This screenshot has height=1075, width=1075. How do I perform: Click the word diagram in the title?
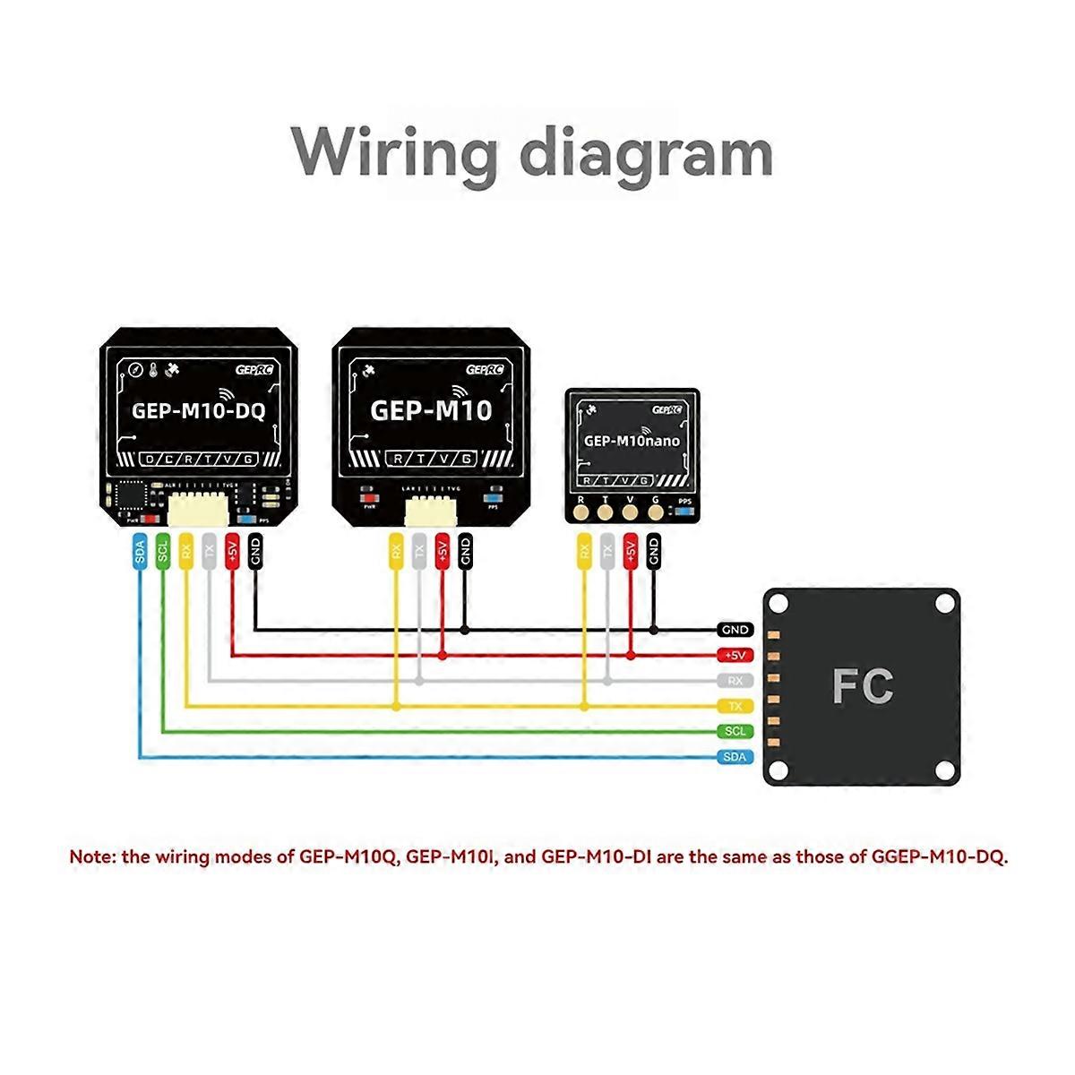coord(646,154)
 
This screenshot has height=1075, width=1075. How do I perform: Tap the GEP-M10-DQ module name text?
coord(198,411)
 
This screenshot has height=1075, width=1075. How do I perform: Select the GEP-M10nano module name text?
coord(632,441)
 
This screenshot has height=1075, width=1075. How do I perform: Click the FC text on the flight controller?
coord(862,686)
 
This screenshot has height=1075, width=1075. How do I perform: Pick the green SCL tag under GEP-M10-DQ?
coord(162,553)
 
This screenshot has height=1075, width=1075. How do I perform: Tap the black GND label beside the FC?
coord(735,631)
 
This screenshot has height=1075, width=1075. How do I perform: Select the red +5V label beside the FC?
coord(735,656)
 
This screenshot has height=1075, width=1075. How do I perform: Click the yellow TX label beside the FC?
coord(735,706)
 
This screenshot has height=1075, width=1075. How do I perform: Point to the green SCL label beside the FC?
coord(735,731)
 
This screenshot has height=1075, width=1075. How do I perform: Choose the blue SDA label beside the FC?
coord(735,757)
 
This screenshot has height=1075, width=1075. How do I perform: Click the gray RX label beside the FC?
coord(735,681)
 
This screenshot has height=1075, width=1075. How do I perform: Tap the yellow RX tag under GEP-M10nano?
coord(584,553)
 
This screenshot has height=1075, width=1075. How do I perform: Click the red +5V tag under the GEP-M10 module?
coord(442,553)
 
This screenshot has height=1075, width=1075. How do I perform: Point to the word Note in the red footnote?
coord(92,856)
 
